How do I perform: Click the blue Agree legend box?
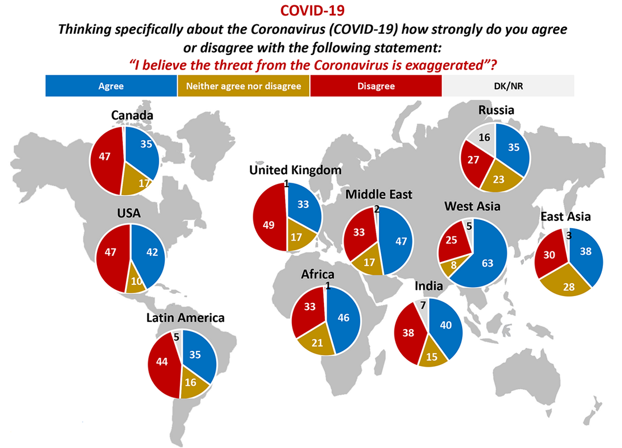click(x=111, y=86)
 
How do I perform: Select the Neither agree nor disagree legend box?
click(x=243, y=86)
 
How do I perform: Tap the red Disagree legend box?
click(x=375, y=86)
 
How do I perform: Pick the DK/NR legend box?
click(x=508, y=86)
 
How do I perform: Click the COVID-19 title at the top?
click(x=310, y=10)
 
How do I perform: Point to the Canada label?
click(x=132, y=116)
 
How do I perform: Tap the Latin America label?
click(x=185, y=318)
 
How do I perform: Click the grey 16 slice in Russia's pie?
click(x=483, y=138)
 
